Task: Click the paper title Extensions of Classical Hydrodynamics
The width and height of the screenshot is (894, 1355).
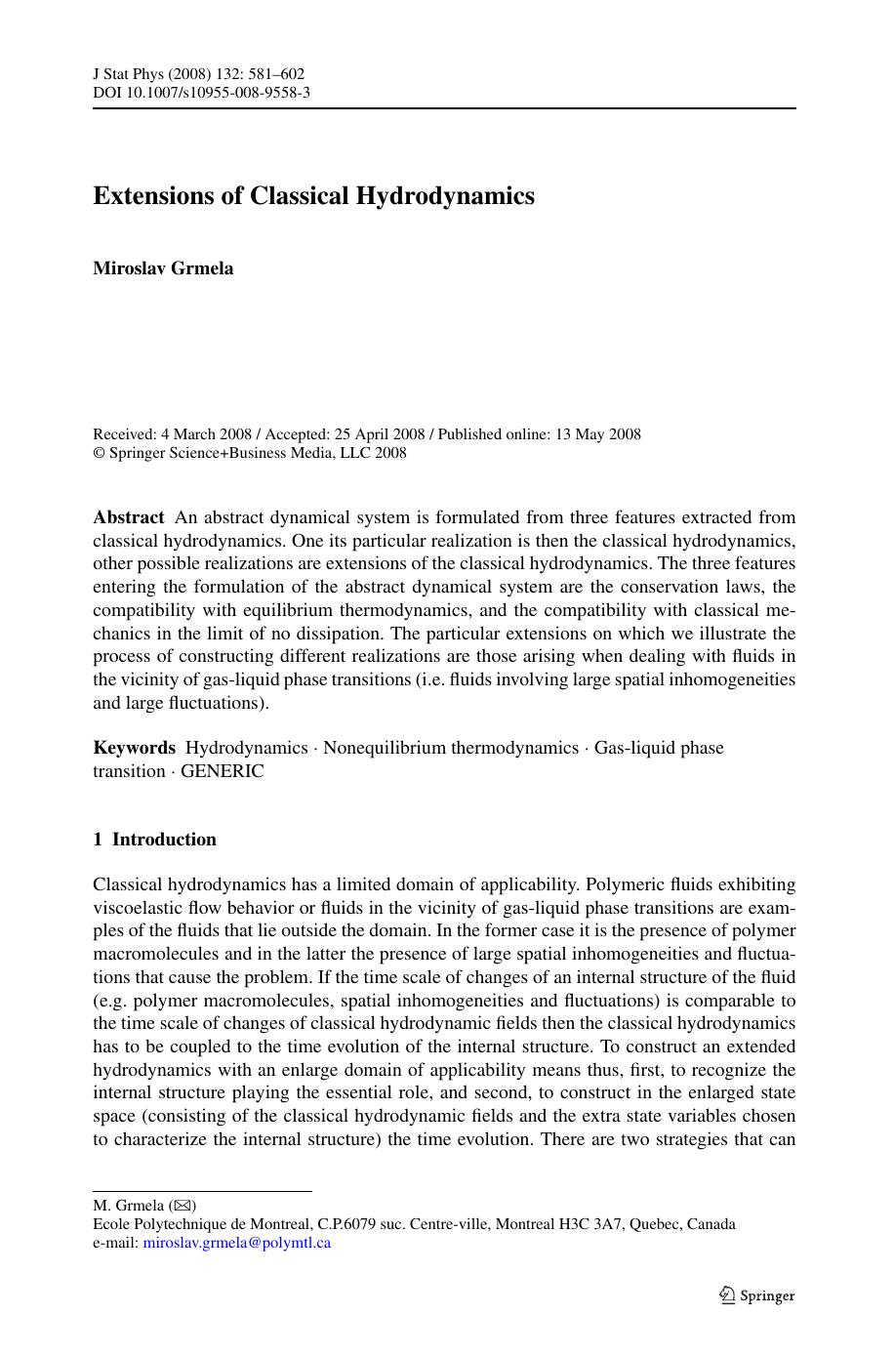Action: [x=313, y=196]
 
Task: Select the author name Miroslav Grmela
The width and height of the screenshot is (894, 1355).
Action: [x=163, y=268]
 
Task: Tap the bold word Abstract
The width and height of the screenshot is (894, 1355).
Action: [x=128, y=517]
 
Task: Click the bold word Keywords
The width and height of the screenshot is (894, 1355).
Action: [x=134, y=748]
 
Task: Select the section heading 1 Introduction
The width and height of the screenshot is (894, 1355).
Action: [x=154, y=840]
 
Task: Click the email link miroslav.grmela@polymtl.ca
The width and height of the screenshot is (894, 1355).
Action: [x=237, y=1243]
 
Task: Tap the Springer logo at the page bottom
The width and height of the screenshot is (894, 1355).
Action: [x=757, y=1295]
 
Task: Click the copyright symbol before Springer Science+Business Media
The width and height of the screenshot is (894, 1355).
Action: [x=98, y=453]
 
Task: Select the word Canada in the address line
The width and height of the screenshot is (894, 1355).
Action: [x=711, y=1224]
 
